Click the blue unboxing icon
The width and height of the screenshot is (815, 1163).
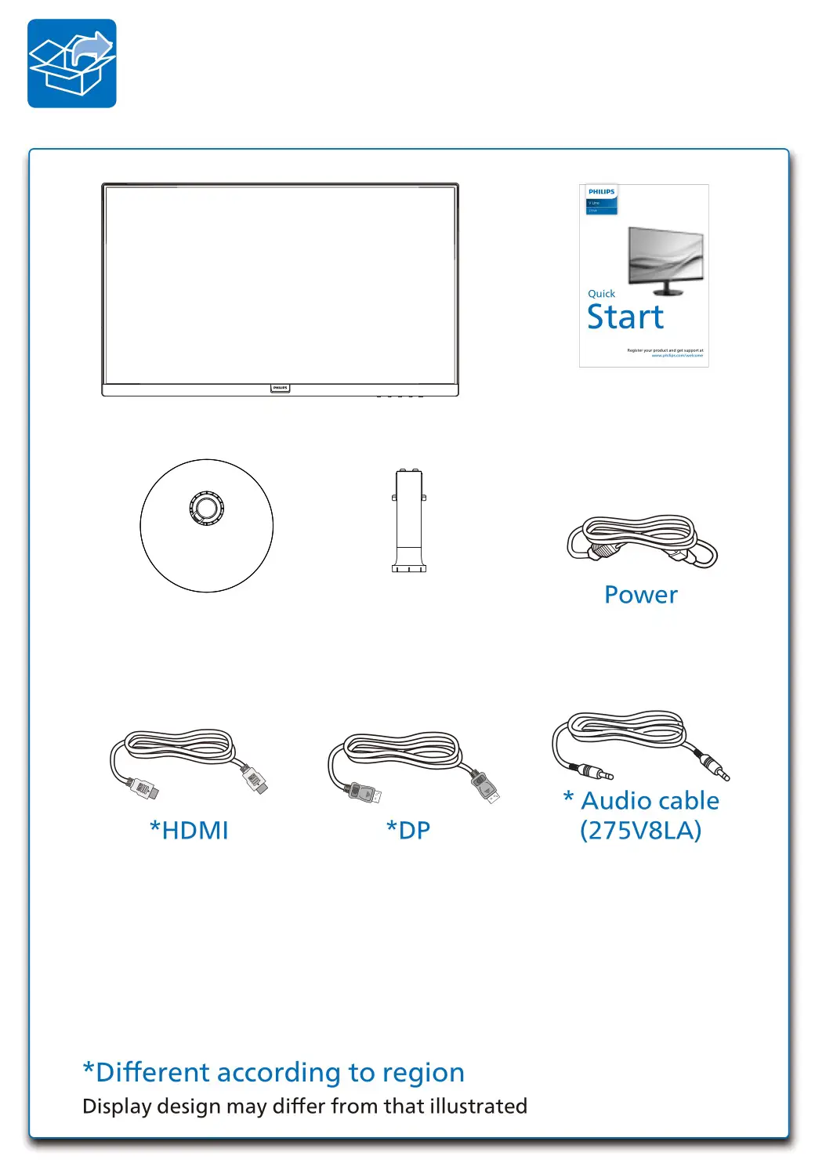coord(72,63)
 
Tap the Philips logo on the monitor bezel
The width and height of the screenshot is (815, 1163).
coord(280,388)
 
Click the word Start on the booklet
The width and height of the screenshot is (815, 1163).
coord(625,317)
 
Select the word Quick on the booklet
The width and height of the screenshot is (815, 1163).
coord(601,294)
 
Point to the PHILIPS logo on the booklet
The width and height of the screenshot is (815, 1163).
coord(602,192)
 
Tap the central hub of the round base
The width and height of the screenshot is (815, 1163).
coord(207,508)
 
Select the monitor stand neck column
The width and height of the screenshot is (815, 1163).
coord(409,520)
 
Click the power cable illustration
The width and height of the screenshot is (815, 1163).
coord(642,540)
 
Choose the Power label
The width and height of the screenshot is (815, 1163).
coord(640,595)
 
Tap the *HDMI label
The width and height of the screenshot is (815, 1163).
coord(189,831)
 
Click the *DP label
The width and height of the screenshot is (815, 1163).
coord(408,831)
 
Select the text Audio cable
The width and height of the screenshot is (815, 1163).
coord(650,801)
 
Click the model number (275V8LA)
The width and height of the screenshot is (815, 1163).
coord(640,831)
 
